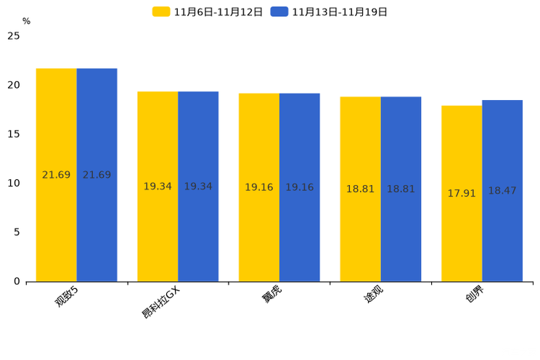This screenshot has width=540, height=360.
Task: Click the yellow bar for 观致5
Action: tap(56, 175)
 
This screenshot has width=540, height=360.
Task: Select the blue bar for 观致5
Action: tap(97, 175)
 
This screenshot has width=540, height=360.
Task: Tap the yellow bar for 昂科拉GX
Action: tap(157, 187)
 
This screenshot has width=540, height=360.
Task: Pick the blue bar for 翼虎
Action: tap(300, 187)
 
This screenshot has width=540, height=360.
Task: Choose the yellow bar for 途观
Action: tap(361, 189)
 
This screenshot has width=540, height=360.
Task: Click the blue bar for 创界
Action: tap(502, 191)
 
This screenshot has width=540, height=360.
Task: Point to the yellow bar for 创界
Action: tap(462, 194)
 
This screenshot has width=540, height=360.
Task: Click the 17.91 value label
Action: tap(462, 193)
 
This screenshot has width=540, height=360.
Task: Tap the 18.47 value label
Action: tap(502, 190)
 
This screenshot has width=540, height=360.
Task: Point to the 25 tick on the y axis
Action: tap(14, 36)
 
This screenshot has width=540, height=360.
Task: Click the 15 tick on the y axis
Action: tap(14, 134)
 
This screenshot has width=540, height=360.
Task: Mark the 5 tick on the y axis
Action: tap(17, 232)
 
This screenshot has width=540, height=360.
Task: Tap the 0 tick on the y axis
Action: tap(17, 282)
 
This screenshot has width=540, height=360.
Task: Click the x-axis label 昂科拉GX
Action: tap(160, 303)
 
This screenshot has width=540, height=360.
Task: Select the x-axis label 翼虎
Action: tap(271, 294)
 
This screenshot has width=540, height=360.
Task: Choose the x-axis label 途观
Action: tap(373, 294)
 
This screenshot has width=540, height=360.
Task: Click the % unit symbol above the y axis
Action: tap(27, 21)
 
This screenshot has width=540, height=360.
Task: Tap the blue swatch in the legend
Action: tap(279, 12)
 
